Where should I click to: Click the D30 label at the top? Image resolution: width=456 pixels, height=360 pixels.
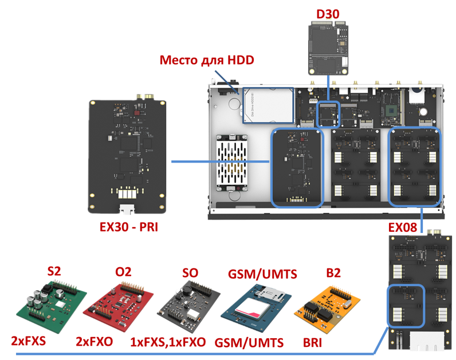pos(328,13)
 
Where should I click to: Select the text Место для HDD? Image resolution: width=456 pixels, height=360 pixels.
pos(206,60)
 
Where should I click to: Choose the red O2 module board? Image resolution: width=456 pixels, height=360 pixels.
pos(119,306)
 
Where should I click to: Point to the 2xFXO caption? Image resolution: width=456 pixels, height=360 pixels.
pos(95,342)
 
